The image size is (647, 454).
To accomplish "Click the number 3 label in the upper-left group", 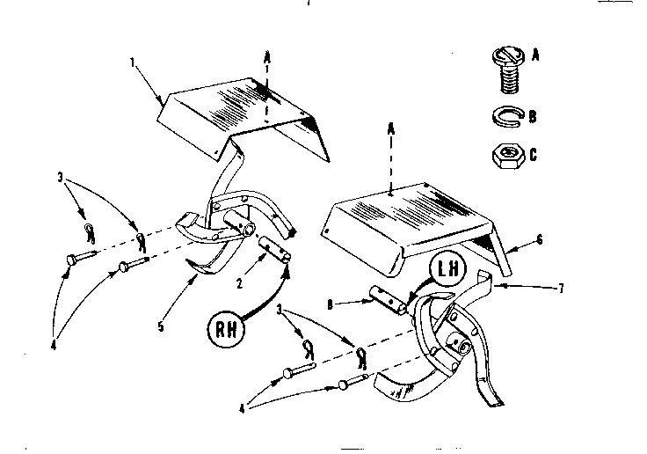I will click(x=59, y=179).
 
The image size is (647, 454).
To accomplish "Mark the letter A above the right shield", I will click(x=390, y=128).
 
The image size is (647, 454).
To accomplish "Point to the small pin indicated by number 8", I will click(x=385, y=300).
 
